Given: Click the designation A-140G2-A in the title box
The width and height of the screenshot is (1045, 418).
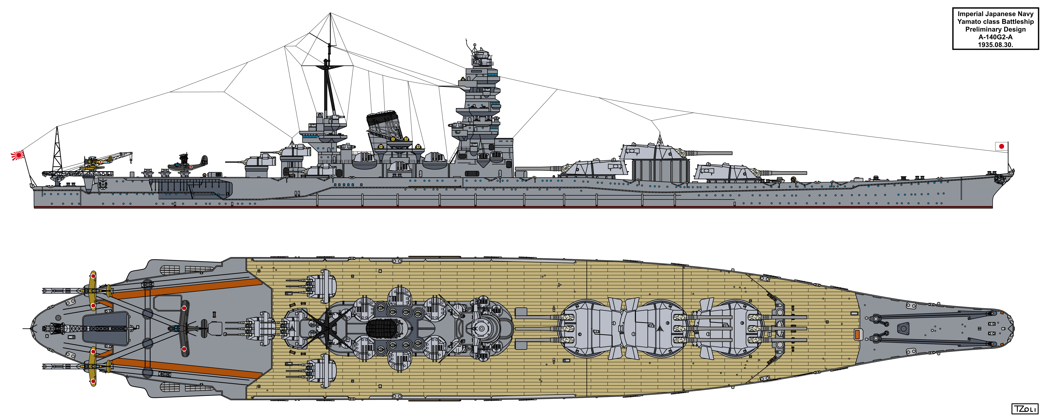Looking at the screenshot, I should (x=995, y=37).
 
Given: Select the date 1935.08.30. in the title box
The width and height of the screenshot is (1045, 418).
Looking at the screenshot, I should (x=995, y=45).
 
